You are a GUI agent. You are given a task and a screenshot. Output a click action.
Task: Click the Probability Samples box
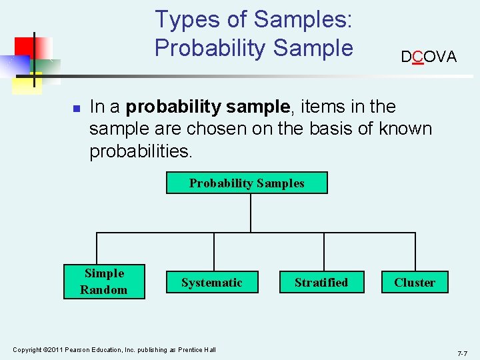click(247, 183)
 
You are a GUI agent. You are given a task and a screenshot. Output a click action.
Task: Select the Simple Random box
click(104, 281)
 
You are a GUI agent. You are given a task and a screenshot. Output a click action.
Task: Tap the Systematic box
click(211, 283)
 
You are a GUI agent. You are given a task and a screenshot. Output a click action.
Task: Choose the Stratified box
click(321, 283)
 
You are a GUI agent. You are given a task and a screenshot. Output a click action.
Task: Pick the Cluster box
click(414, 283)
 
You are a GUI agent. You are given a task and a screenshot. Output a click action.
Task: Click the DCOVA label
click(429, 57)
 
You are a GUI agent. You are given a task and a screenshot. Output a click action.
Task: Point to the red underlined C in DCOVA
click(418, 57)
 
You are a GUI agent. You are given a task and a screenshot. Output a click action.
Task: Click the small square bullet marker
click(77, 108)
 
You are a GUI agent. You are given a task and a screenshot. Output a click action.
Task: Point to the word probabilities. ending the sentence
click(141, 151)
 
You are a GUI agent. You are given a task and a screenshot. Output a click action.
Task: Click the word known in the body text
click(405, 129)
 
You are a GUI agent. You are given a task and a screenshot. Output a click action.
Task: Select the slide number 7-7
click(462, 353)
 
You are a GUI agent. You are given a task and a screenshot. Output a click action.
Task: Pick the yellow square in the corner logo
click(27, 83)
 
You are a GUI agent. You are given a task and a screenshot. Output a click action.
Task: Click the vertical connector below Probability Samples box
click(251, 213)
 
